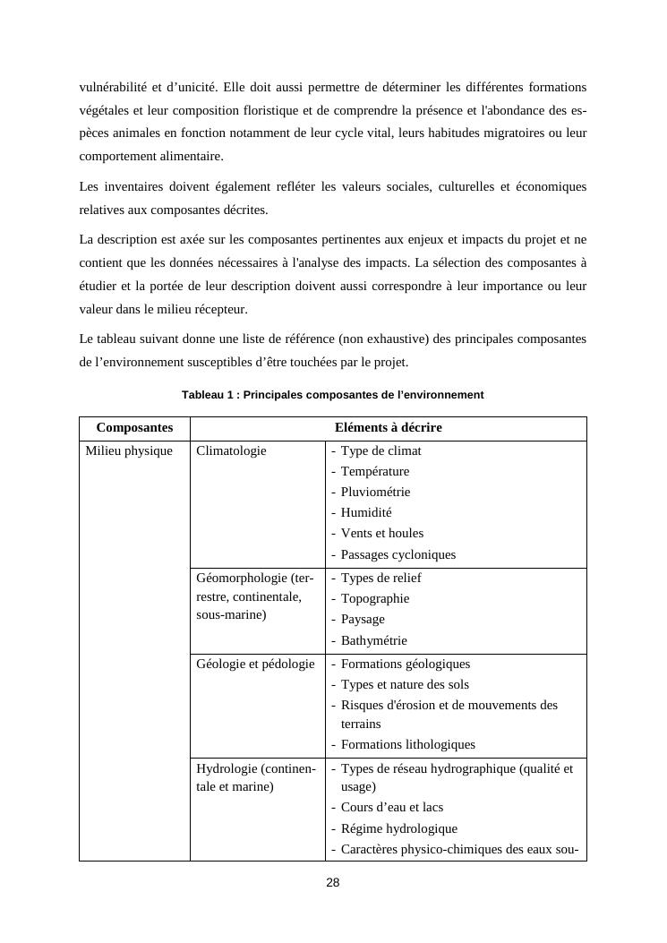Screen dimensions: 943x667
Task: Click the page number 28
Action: pyautogui.click(x=333, y=882)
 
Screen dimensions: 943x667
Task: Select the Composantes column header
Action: pyautogui.click(x=134, y=428)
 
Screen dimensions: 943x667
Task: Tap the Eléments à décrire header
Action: pyautogui.click(x=388, y=428)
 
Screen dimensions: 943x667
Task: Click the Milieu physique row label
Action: pyautogui.click(x=129, y=451)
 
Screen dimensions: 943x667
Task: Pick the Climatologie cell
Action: pyautogui.click(x=231, y=451)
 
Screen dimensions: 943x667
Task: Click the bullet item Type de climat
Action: pyautogui.click(x=381, y=451)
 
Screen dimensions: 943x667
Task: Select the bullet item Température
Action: pyautogui.click(x=374, y=472)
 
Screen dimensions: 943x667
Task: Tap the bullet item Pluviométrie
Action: pyautogui.click(x=375, y=493)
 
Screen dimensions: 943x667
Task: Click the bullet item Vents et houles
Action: pyautogui.click(x=381, y=534)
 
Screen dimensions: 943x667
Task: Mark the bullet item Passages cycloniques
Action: pyautogui.click(x=398, y=555)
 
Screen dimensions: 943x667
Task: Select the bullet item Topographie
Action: pyautogui.click(x=374, y=599)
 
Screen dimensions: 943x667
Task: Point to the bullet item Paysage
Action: pyautogui.click(x=363, y=620)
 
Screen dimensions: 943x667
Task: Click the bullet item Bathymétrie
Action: pyautogui.click(x=373, y=641)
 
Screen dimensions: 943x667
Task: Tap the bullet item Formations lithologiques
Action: pyautogui.click(x=407, y=745)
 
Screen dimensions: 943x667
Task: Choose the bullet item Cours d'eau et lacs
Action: pyautogui.click(x=391, y=808)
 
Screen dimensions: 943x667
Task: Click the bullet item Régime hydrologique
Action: pyautogui.click(x=398, y=829)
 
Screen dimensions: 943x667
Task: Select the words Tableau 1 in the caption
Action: pyautogui.click(x=208, y=395)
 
